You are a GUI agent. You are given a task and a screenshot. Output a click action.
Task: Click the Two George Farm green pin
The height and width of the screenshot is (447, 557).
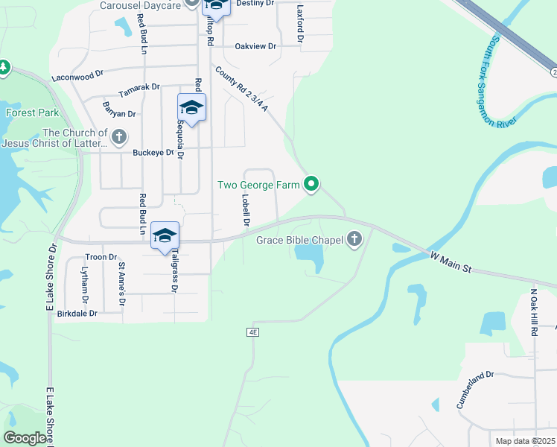pos(312,183)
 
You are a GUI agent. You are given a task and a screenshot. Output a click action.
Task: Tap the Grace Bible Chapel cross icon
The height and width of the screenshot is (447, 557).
pos(354,239)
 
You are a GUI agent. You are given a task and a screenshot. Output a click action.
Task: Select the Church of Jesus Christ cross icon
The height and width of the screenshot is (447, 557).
pos(119,136)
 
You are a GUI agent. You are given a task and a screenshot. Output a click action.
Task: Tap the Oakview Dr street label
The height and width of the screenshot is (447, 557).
pos(255,46)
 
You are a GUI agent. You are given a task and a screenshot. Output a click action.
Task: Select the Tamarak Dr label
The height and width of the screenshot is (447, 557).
pos(139,87)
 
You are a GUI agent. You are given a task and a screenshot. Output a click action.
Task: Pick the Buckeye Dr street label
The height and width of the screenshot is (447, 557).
pos(153,153)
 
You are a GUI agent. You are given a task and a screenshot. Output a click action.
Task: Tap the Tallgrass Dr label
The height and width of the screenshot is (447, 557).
pos(173,271)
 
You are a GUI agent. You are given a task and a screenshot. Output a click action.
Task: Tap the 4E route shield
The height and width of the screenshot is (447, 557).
pos(253,332)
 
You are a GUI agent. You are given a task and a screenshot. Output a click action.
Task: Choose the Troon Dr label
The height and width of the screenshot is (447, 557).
pos(102,256)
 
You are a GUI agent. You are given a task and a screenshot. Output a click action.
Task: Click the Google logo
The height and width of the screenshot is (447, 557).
pos(25,438)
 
